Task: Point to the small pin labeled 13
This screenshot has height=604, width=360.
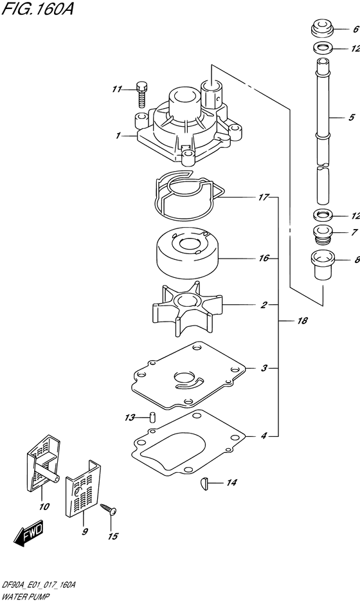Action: point(152,416)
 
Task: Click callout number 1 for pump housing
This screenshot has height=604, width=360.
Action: point(118,136)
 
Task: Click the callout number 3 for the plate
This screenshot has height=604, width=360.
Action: point(264,369)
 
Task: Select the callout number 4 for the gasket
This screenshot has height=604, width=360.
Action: point(264,435)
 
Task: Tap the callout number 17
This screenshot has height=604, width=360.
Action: point(264,197)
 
